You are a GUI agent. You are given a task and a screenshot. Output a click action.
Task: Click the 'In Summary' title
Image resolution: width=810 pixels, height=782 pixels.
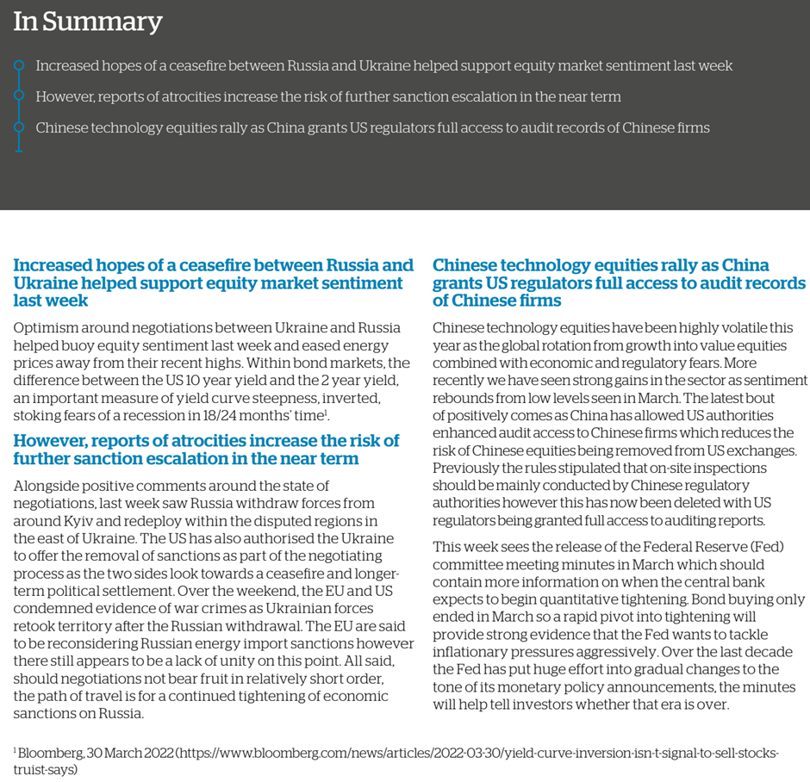point(87,22)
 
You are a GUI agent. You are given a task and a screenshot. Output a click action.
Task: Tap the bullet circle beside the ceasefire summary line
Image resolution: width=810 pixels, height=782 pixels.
point(19,65)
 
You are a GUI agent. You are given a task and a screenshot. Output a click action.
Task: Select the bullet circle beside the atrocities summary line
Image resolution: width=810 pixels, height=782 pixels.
point(19,96)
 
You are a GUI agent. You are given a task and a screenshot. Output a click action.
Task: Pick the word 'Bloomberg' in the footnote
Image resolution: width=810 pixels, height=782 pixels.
point(51,753)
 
